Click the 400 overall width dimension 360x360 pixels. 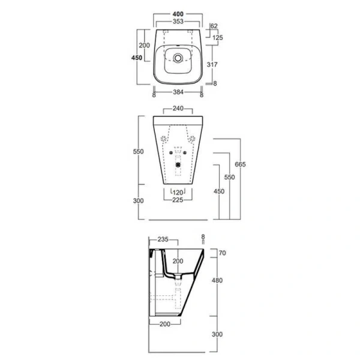click(176, 13)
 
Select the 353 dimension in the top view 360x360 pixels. click(176, 22)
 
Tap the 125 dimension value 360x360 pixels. click(219, 38)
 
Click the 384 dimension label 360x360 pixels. click(177, 93)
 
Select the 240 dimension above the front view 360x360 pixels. click(178, 109)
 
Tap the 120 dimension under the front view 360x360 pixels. click(178, 192)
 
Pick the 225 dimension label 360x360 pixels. click(178, 200)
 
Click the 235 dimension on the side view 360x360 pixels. click(162, 239)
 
